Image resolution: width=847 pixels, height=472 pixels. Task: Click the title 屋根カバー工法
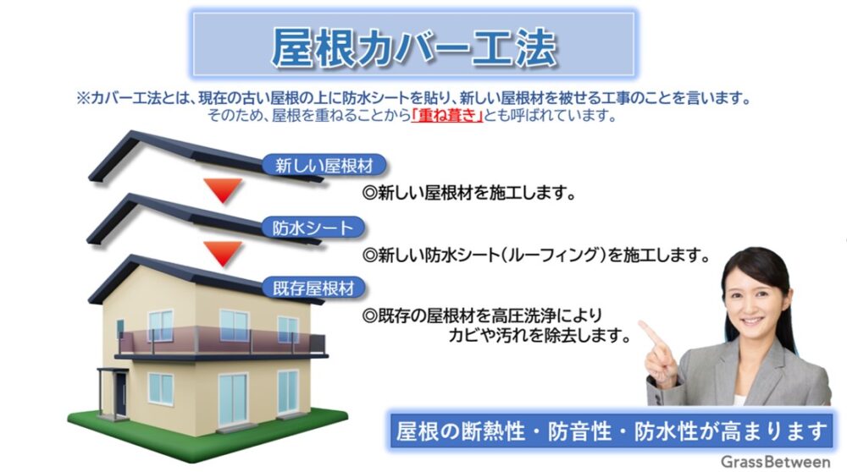[x=413, y=47]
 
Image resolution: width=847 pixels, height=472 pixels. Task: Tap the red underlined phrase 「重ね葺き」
[x=446, y=116]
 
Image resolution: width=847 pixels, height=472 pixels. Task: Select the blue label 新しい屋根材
[x=324, y=165]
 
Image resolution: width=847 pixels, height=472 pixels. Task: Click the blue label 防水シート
[x=313, y=228]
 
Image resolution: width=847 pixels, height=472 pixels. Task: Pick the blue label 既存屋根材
[x=313, y=288]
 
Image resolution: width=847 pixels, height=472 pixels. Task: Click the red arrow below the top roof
[x=223, y=189]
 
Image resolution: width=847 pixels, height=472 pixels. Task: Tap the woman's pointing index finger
[x=650, y=333]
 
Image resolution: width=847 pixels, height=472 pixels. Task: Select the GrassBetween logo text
[x=775, y=462]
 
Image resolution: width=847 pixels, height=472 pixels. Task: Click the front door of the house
[x=120, y=394]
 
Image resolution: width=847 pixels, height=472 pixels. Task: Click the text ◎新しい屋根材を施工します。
[x=469, y=193]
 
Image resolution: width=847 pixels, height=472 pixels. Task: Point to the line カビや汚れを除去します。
[x=540, y=336]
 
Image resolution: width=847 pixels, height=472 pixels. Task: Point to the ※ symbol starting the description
[x=83, y=99]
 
